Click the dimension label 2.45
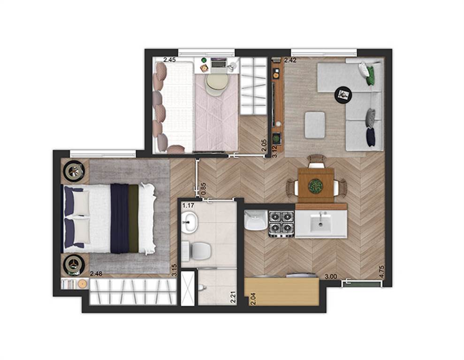pos(169,60)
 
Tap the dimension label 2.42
pos(290,60)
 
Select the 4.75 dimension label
pos(381,271)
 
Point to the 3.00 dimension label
pos(331,277)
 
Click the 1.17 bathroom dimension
pos(188,205)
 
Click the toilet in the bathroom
pos(196,251)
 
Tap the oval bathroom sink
pos(190,222)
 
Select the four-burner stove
pos(281,225)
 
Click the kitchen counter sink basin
pos(321,223)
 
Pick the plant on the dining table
pos(315,186)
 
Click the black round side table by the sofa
pos(343,95)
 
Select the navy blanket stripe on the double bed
pos(120,218)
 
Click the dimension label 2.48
pos(96,274)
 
